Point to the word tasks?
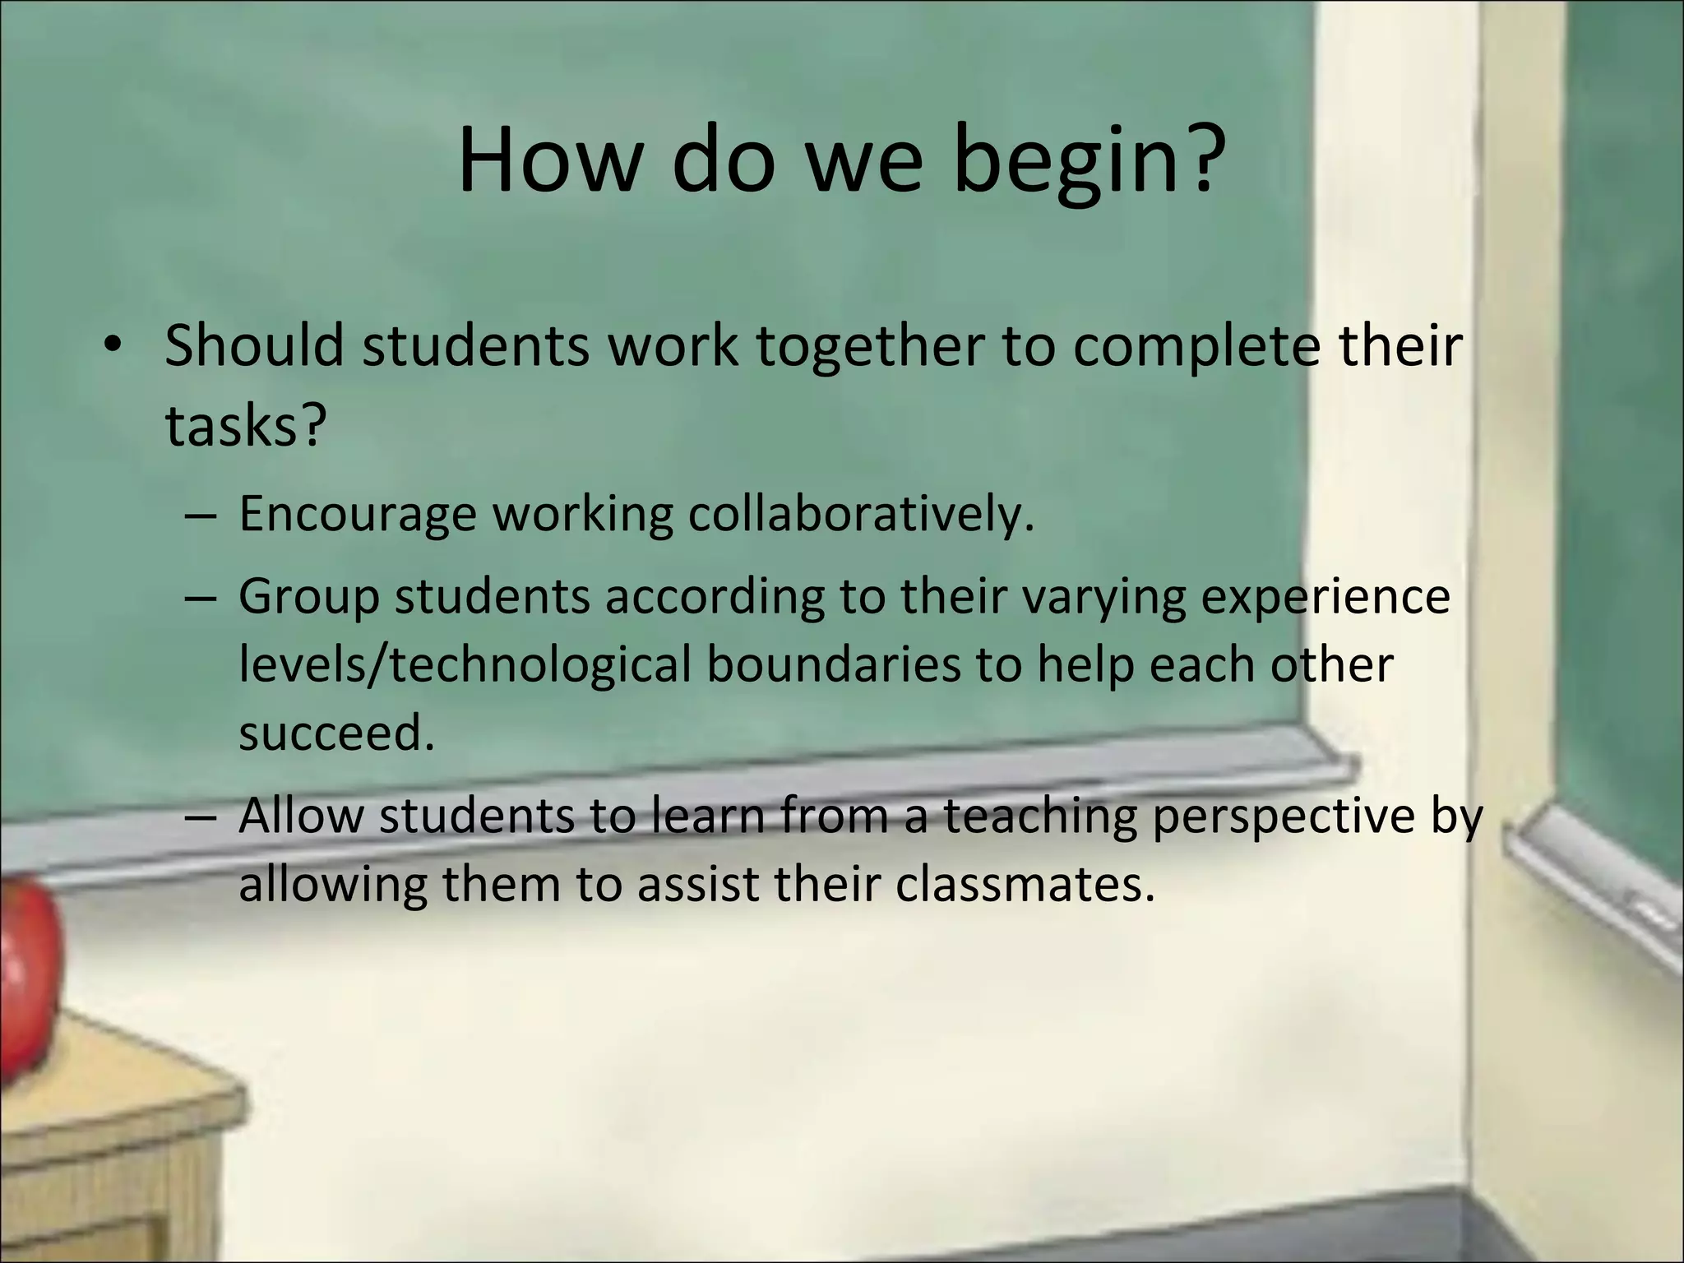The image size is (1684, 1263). click(x=246, y=426)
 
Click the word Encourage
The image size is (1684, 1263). click(x=358, y=515)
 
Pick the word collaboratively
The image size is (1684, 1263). click(x=860, y=515)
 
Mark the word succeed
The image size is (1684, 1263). click(x=335, y=733)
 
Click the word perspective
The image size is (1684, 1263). click(x=1284, y=817)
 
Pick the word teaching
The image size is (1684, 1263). click(x=1039, y=817)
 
